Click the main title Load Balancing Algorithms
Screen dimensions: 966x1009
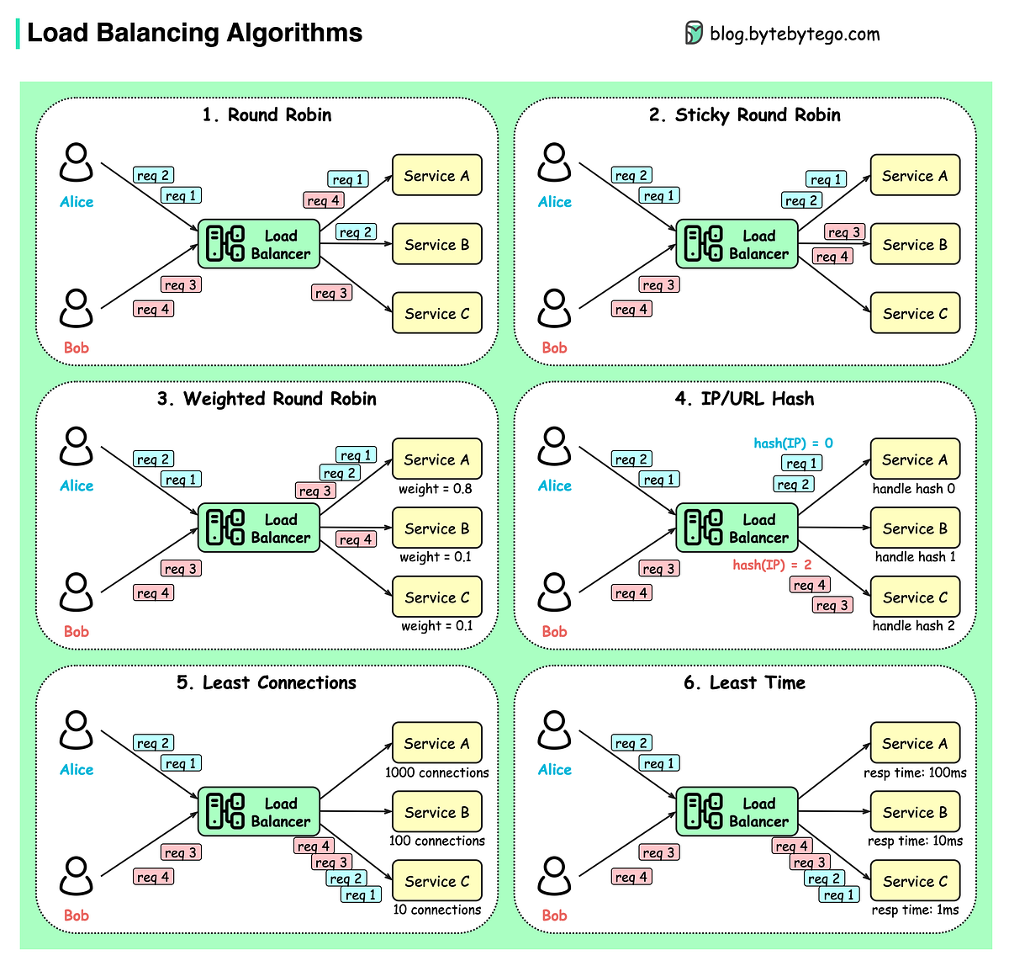tap(194, 33)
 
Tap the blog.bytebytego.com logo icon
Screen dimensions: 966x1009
tap(694, 34)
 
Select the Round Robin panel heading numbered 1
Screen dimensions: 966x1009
tap(267, 114)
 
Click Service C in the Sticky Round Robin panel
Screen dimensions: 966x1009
tap(915, 314)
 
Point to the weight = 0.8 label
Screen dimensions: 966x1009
tap(436, 489)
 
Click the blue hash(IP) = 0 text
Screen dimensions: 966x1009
tap(793, 443)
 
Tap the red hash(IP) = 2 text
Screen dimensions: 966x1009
tap(772, 565)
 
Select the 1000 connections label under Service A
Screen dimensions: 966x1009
tap(436, 772)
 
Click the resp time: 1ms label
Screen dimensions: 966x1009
tap(915, 910)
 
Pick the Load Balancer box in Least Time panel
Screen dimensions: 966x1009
tap(737, 812)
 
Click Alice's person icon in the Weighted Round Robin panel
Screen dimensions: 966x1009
tap(77, 447)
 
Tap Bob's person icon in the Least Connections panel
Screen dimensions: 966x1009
tap(77, 877)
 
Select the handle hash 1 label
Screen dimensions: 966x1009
tap(915, 557)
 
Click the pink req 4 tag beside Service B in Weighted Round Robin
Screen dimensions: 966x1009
tap(356, 539)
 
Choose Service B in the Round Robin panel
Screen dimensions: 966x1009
tap(436, 245)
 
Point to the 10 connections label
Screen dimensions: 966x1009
tap(436, 910)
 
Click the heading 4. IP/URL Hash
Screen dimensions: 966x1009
tap(744, 399)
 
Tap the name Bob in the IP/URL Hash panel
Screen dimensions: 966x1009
tap(554, 632)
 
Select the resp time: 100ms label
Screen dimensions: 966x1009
tap(915, 772)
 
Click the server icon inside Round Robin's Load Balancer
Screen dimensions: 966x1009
tap(225, 244)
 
